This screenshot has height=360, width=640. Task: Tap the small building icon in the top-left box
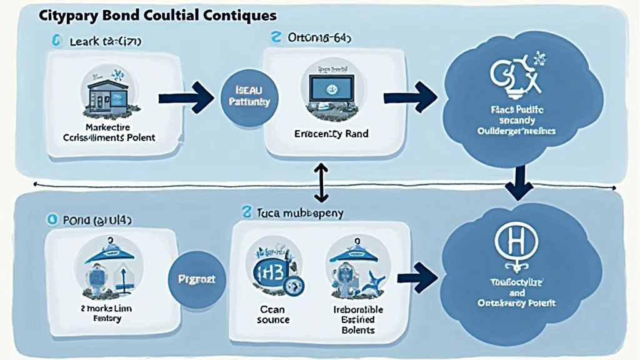pyautogui.click(x=106, y=94)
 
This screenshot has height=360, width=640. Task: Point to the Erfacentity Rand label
pyautogui.click(x=332, y=134)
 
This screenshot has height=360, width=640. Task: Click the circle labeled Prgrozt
pyautogui.click(x=196, y=279)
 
